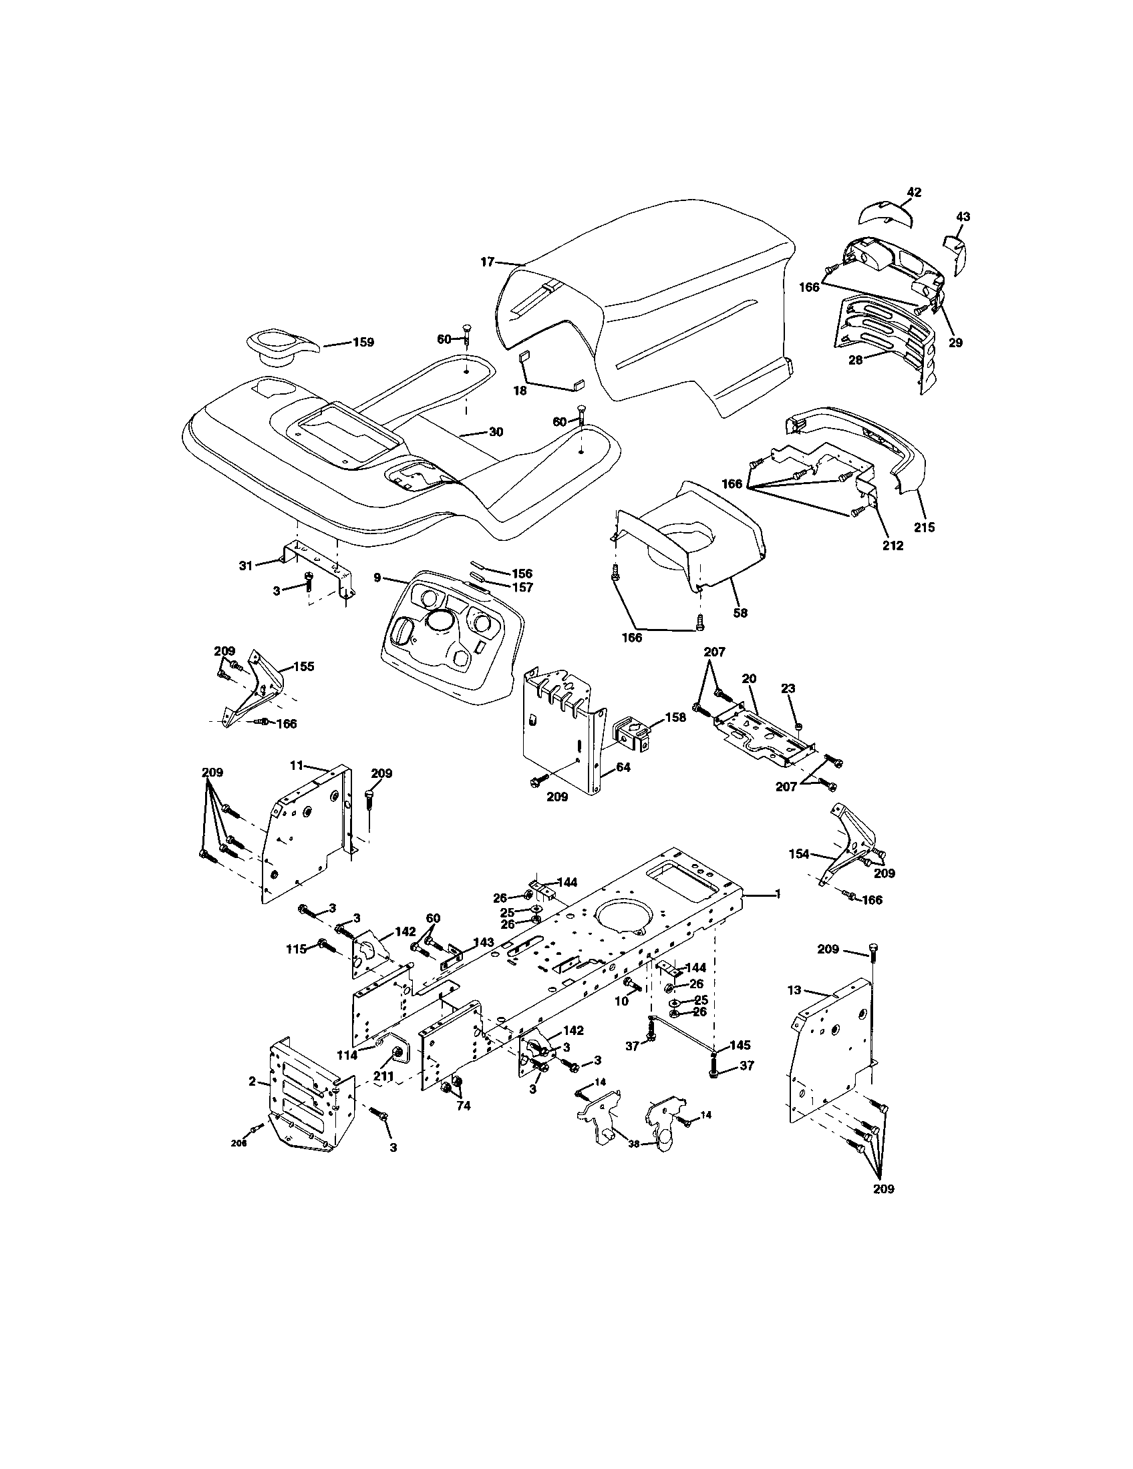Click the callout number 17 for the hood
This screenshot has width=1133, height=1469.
[x=487, y=262]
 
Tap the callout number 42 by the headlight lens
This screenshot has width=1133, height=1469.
[x=913, y=192]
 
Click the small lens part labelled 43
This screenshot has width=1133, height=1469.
[x=955, y=250]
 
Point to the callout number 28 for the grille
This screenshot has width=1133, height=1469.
[x=855, y=360]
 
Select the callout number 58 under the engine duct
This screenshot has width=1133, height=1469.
[x=740, y=613]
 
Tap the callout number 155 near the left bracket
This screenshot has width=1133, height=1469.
[x=303, y=666]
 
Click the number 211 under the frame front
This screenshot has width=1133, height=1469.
[x=383, y=1076]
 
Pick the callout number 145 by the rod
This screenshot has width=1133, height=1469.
[x=740, y=1045]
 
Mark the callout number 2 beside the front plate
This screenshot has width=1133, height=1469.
[x=252, y=1082]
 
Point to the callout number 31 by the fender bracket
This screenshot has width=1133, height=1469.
[x=246, y=566]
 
